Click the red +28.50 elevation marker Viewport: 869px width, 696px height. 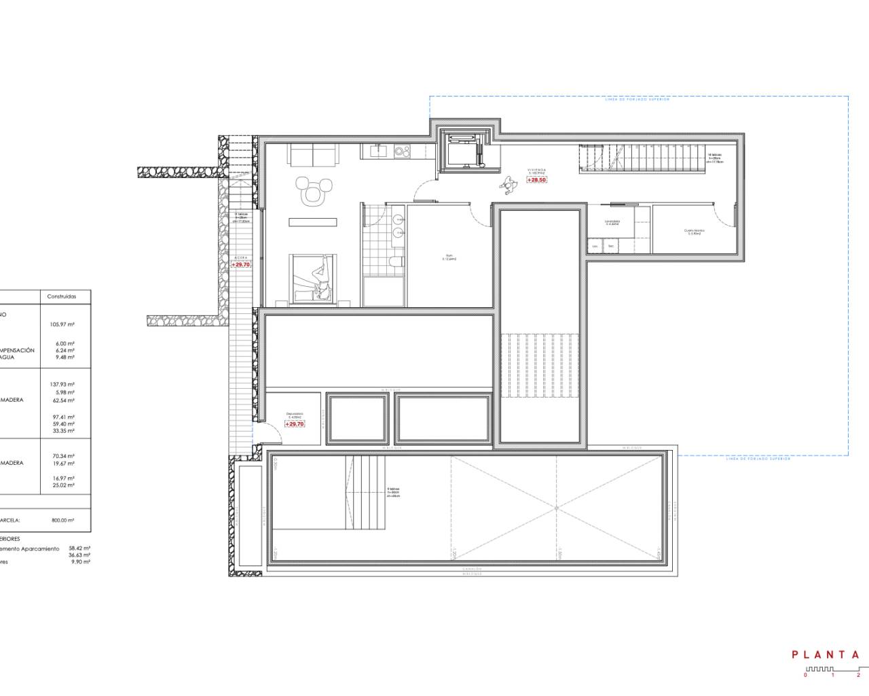[x=536, y=180]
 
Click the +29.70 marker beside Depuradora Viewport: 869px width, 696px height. [x=295, y=424]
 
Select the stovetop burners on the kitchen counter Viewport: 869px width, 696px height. [x=398, y=151]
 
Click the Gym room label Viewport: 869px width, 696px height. [x=449, y=258]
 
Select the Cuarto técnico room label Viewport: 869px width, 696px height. [x=694, y=232]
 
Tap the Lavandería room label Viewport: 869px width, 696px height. [x=613, y=222]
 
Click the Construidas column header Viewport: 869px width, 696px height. [x=62, y=297]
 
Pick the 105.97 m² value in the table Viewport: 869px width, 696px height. [x=62, y=325]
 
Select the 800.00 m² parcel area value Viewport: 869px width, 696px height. [x=62, y=520]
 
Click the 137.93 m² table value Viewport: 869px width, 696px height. [x=62, y=384]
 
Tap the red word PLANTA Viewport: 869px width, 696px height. [x=826, y=655]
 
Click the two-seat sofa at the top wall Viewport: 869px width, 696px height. [x=312, y=155]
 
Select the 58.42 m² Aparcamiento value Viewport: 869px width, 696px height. [x=79, y=548]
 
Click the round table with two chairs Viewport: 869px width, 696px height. [x=313, y=191]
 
